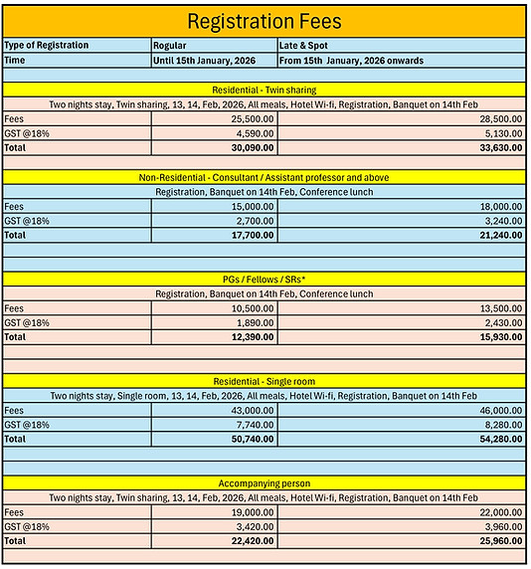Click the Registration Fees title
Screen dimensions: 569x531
point(265,21)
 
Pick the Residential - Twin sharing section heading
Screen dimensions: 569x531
point(265,89)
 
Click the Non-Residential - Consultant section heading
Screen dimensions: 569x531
point(265,177)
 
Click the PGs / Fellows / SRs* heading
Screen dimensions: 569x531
point(265,280)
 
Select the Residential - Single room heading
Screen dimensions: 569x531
point(265,382)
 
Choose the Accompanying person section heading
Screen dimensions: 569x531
point(265,482)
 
